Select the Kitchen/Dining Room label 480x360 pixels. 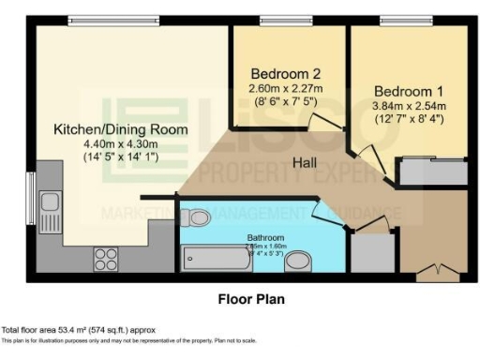tap(120, 128)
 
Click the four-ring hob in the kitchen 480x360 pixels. tap(102, 259)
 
